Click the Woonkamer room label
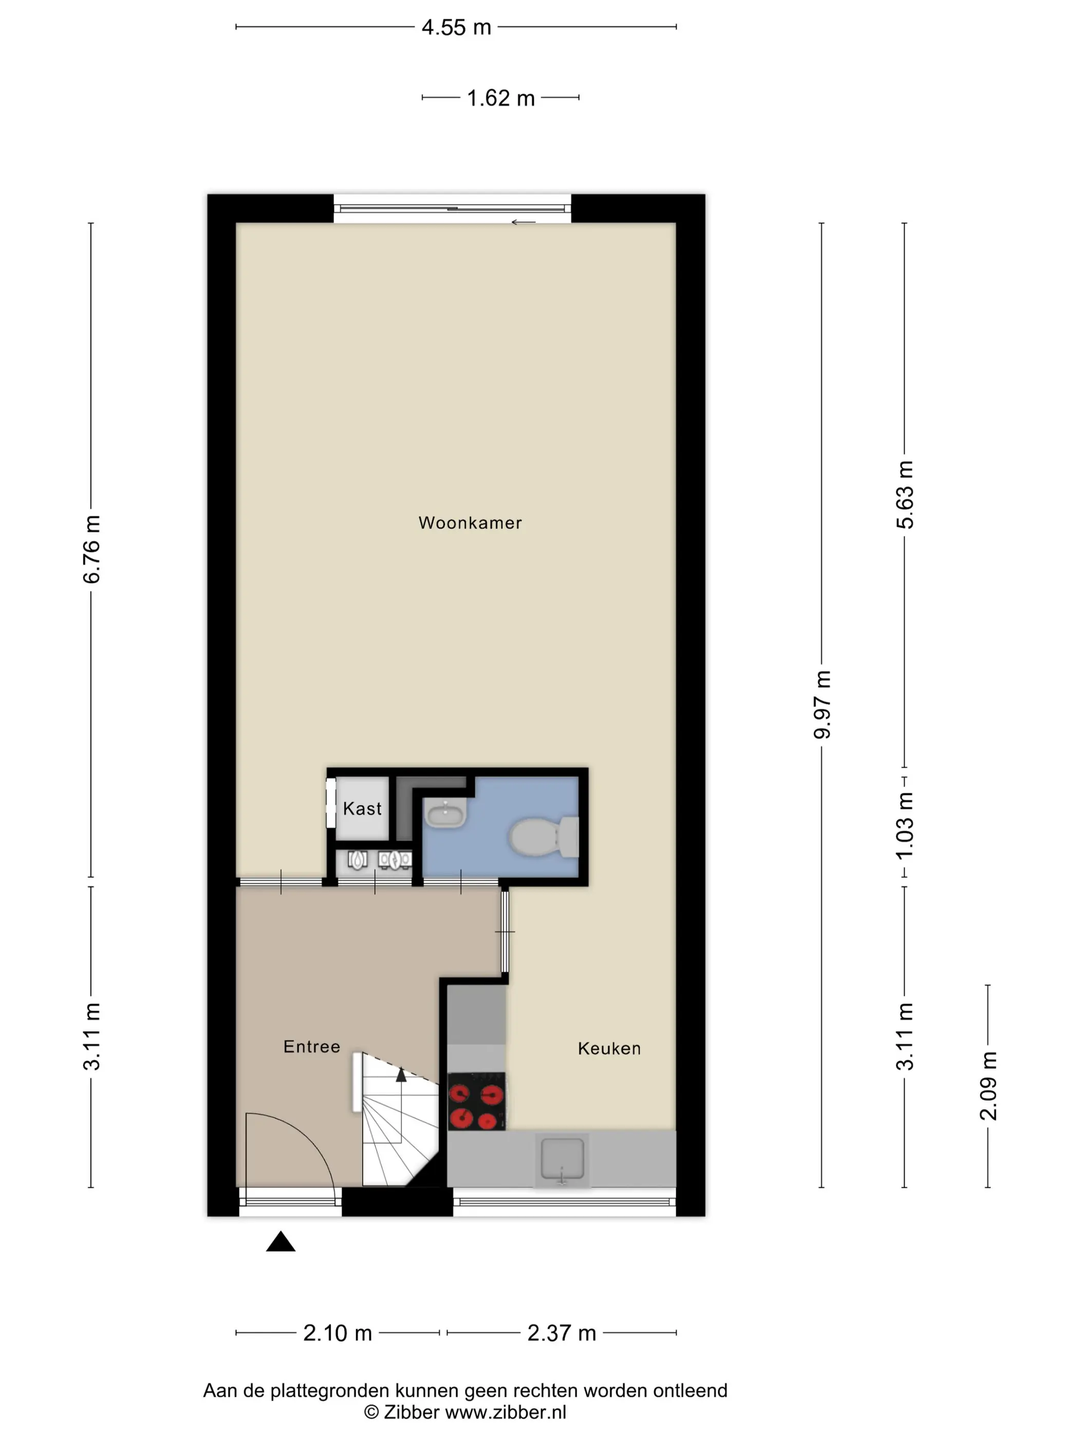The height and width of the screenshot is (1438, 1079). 470,523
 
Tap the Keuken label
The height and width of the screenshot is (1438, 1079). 609,1048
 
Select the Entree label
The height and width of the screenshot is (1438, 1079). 311,1046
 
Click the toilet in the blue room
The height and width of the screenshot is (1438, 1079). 544,837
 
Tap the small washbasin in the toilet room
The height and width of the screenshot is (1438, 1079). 445,812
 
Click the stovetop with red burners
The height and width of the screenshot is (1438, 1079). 477,1101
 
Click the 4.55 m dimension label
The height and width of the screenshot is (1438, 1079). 456,27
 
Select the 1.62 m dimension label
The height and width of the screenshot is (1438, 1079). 501,98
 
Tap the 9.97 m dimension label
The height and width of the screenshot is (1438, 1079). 822,705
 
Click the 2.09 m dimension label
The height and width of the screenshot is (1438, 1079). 988,1086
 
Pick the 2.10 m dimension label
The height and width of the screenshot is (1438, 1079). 338,1333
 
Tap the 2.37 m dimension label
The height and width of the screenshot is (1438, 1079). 561,1333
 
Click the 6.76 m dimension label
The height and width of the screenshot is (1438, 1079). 91,550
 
